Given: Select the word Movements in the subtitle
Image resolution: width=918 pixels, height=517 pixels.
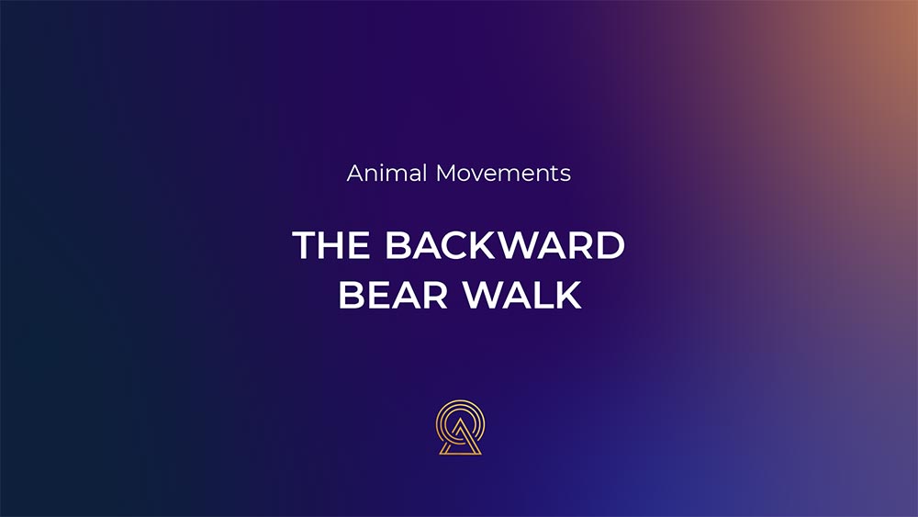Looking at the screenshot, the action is (503, 174).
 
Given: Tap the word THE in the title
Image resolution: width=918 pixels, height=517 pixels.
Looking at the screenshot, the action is (331, 245).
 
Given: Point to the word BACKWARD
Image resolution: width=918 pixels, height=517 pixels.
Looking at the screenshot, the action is (505, 245).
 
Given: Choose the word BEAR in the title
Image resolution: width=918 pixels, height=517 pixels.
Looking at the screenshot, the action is (394, 295).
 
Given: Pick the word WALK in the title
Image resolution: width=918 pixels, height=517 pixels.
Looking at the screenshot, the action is (522, 295).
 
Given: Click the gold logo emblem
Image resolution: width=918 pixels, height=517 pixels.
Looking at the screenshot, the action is (460, 427).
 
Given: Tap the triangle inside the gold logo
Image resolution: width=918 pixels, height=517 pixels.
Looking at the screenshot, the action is (460, 438).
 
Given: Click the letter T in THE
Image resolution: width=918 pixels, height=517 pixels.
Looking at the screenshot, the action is (305, 245).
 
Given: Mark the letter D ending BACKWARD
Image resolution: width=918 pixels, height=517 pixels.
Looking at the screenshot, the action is (611, 245).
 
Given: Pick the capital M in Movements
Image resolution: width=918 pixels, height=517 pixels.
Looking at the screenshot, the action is (447, 174).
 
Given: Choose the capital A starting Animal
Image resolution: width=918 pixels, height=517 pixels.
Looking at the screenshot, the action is (356, 174).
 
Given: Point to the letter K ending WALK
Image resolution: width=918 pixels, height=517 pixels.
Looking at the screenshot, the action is (568, 295).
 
